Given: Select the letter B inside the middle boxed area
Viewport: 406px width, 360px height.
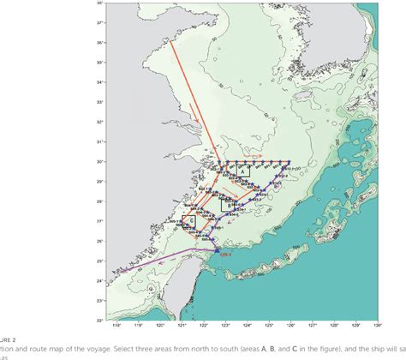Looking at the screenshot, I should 224,204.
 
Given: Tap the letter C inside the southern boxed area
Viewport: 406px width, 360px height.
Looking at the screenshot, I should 192,220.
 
